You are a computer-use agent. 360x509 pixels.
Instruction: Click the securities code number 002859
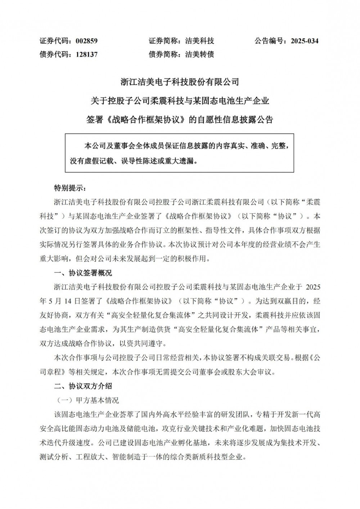pos(86,41)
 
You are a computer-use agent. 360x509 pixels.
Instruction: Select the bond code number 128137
pos(86,54)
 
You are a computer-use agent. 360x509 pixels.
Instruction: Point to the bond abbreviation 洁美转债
pos(199,54)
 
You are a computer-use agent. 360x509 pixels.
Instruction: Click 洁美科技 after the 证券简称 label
pos(199,41)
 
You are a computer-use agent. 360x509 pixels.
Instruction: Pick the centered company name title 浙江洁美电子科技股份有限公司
pos(180,82)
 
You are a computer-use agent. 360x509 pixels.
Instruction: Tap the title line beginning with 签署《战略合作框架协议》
pos(180,119)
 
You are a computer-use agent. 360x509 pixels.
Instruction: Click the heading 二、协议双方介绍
pos(83,386)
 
